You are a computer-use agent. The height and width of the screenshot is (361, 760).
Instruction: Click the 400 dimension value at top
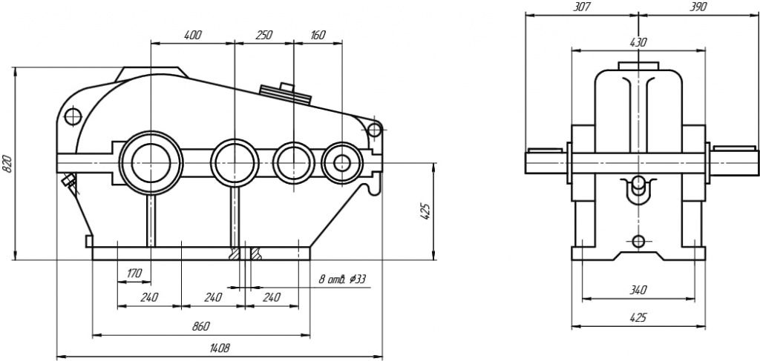point(192,35)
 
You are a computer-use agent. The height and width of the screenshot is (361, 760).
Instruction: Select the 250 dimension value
point(263,35)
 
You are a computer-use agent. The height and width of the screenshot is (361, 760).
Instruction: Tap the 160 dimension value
point(318,35)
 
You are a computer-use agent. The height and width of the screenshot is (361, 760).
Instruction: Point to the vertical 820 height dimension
point(7,164)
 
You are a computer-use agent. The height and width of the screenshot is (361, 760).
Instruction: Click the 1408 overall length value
point(220,347)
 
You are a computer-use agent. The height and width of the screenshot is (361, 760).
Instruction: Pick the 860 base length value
point(200,326)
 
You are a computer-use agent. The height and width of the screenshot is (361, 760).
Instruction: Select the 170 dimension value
point(134,274)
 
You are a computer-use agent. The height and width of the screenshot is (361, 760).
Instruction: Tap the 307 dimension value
point(581,7)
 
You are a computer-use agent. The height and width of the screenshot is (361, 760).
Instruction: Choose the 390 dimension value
point(698,7)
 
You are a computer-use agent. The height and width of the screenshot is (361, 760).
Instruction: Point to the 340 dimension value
point(638,290)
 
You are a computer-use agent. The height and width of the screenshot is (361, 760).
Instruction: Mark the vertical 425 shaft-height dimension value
point(425,212)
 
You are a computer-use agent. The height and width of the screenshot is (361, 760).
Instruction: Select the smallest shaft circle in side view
point(342,161)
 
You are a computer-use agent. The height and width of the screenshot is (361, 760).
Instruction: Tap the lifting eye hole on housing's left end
point(73,116)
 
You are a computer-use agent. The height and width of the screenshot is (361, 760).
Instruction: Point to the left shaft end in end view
point(546,159)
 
